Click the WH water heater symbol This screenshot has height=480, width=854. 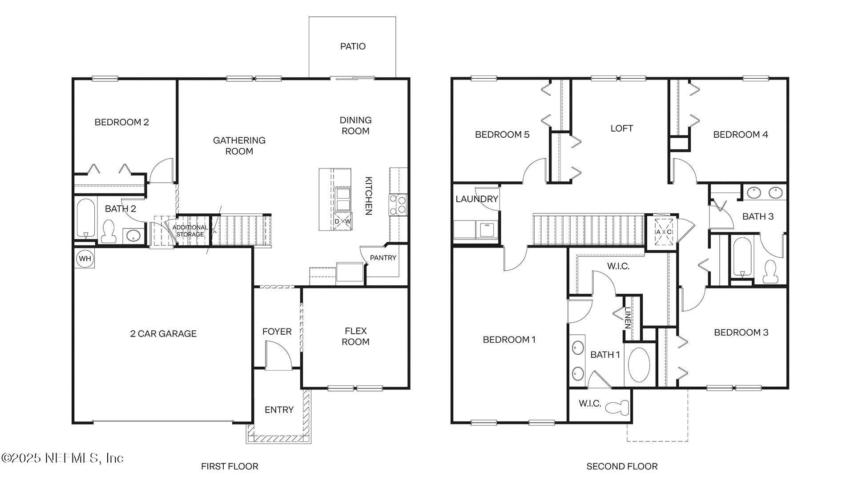(x=85, y=259)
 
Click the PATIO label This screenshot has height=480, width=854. (x=353, y=46)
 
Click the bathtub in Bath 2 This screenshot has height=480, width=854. (x=85, y=218)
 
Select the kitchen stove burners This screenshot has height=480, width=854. (x=398, y=205)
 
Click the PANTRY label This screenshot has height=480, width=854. (x=383, y=258)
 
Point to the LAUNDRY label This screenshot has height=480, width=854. (x=476, y=199)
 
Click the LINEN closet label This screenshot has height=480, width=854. (x=628, y=318)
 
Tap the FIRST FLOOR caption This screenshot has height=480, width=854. (x=230, y=466)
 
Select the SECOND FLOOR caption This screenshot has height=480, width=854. (x=622, y=466)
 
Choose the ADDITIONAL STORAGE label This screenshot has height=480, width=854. (x=190, y=231)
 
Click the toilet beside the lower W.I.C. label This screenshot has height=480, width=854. (x=619, y=407)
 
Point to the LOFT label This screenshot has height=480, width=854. (x=621, y=128)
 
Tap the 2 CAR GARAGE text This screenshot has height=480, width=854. (x=163, y=334)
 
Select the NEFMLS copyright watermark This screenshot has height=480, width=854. (x=62, y=458)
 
